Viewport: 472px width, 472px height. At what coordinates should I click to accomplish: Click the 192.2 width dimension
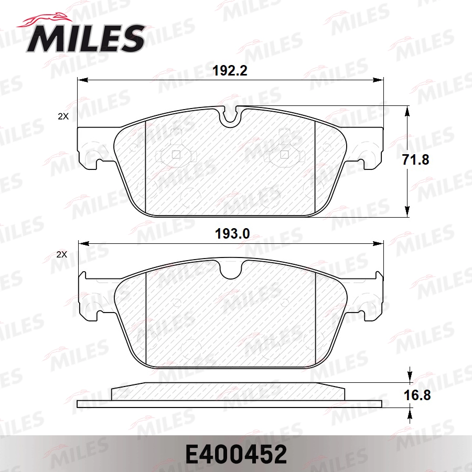(229, 70)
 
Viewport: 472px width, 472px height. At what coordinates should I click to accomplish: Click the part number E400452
(235, 454)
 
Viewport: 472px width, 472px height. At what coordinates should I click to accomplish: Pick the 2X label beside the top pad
(62, 117)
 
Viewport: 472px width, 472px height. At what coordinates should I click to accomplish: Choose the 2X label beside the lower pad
(62, 255)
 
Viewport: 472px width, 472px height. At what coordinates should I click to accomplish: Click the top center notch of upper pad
(229, 116)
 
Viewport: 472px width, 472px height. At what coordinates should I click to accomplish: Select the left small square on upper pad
(176, 154)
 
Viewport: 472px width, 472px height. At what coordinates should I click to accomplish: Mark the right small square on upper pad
(285, 154)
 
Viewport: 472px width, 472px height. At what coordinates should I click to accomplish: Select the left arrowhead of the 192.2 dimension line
(82, 80)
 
